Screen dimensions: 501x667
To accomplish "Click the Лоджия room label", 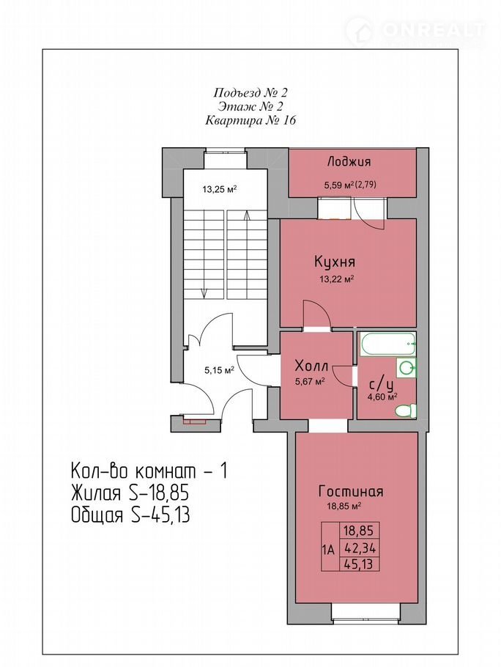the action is (x=349, y=162).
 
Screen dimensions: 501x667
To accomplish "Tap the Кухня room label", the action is (x=335, y=262).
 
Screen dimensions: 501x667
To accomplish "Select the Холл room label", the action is (x=311, y=366).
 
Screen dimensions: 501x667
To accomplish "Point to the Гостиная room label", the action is (x=351, y=491).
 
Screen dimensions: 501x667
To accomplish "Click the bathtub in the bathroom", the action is (x=387, y=344).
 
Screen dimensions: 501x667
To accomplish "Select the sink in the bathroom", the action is (x=407, y=367).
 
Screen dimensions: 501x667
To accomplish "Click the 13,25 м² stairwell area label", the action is (x=219, y=189).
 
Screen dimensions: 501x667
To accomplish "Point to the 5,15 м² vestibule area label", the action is (x=220, y=370).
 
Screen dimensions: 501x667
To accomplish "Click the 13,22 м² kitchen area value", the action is (x=337, y=279).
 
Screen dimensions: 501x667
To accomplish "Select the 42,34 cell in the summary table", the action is (x=359, y=548).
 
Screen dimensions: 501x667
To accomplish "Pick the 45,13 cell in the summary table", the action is (x=359, y=564).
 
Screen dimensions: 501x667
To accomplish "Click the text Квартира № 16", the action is (x=250, y=121).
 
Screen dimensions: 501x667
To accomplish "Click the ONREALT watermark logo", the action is (x=416, y=31).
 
